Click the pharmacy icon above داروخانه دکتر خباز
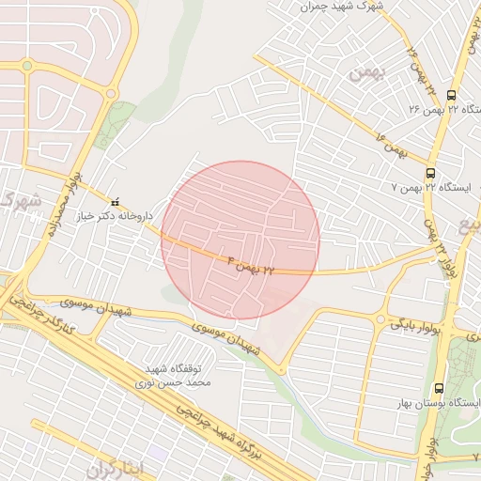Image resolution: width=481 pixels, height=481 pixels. tap(116, 202)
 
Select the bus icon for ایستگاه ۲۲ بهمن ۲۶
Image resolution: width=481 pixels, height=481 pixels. tap(451, 95)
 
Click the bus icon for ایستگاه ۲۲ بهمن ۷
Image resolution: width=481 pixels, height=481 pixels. tap(430, 173)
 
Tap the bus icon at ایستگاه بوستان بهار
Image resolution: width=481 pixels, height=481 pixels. tap(439, 388)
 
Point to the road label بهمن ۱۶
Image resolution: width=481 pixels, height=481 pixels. tap(392, 146)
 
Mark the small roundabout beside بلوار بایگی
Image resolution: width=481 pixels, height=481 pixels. tap(380, 321)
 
